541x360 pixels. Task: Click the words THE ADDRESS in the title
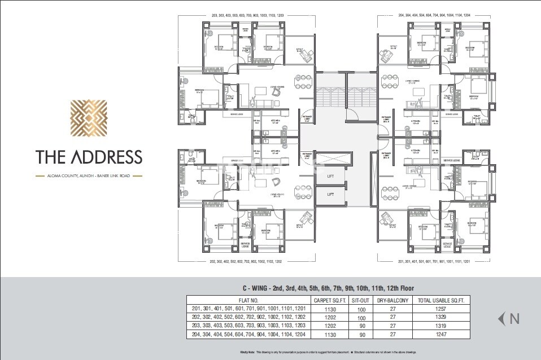[89, 156]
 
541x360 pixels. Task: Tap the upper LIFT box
[330, 176]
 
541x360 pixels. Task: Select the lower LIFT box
[330, 194]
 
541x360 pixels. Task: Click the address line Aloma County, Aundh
[89, 176]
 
